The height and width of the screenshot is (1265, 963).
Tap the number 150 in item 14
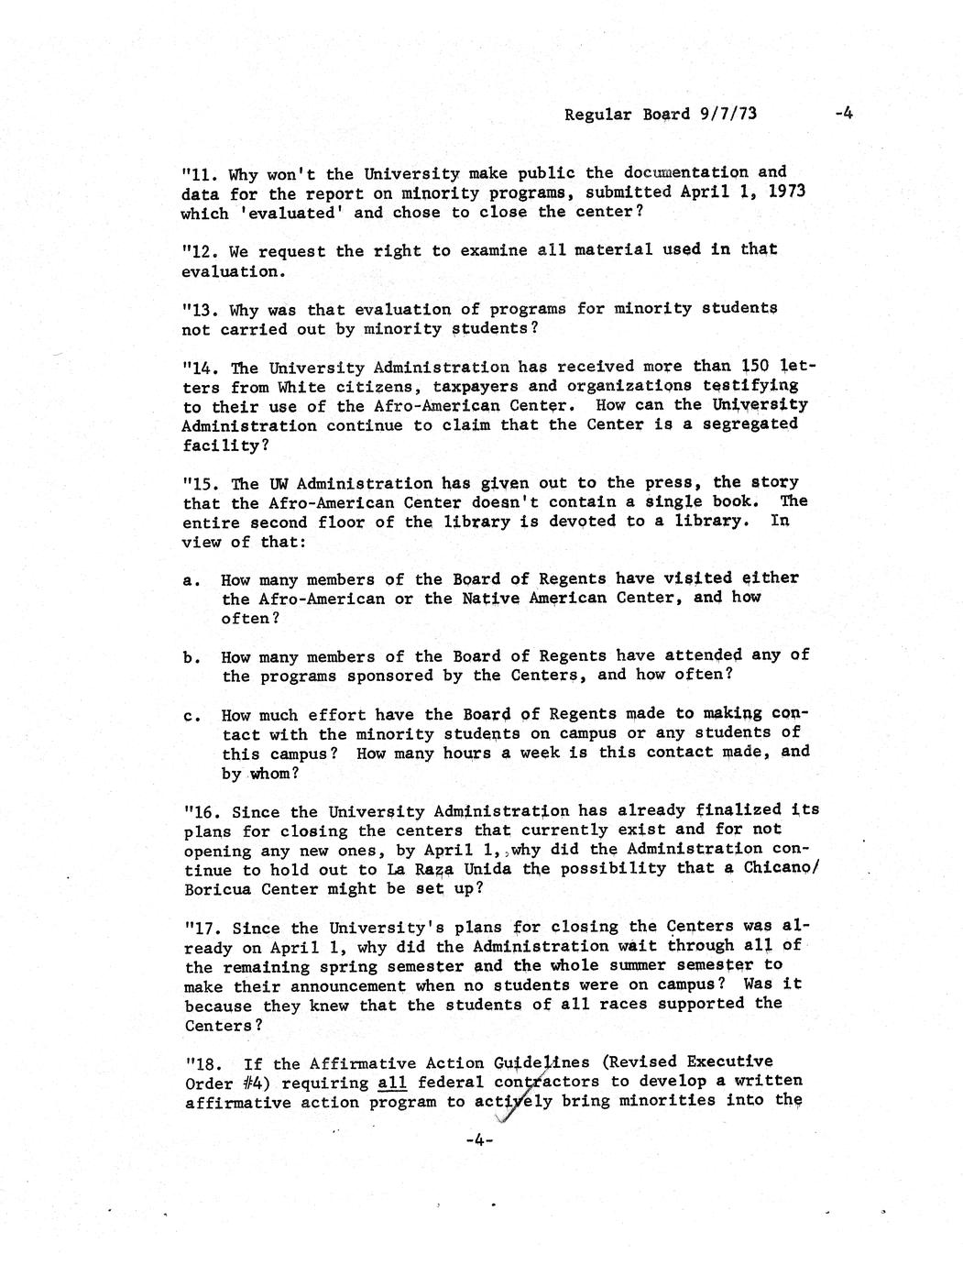coord(756,366)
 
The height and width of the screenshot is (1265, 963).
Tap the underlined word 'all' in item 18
coord(392,1083)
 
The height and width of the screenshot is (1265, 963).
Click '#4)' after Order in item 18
coord(252,1083)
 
